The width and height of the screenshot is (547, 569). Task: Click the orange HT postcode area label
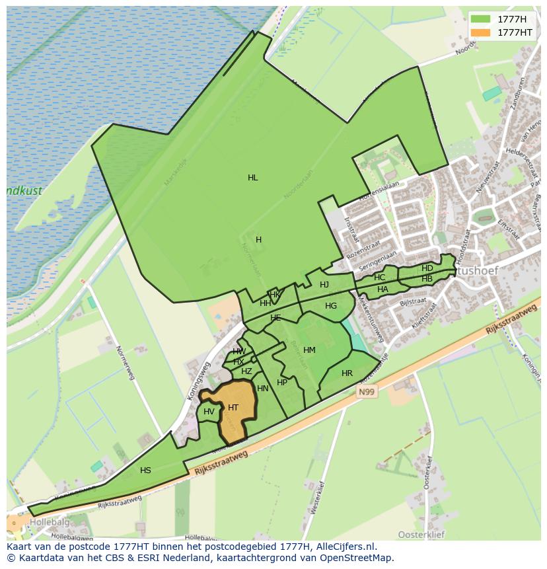[233, 408]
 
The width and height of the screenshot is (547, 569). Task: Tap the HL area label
[252, 178]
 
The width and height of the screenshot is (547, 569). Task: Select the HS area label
[145, 471]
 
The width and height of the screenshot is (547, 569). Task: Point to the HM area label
[309, 350]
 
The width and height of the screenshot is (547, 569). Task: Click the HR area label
[347, 373]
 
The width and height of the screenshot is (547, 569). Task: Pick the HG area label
[331, 306]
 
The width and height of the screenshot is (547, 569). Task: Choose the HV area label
[209, 412]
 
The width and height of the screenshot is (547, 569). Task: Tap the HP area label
[282, 383]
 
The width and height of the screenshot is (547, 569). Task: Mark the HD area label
[427, 268]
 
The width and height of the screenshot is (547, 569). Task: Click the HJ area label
[324, 285]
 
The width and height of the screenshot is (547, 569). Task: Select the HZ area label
[246, 371]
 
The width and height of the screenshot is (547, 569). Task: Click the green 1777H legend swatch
[480, 19]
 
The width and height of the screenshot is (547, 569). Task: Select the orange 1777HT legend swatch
[480, 32]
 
